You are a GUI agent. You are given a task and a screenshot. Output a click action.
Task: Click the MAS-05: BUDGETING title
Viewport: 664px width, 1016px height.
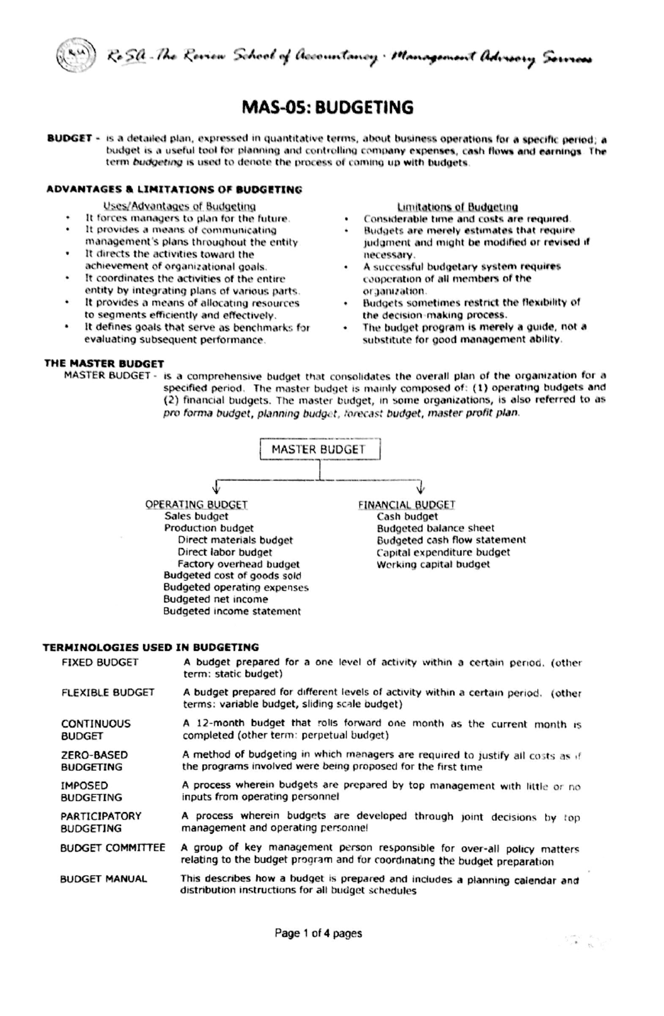(328, 107)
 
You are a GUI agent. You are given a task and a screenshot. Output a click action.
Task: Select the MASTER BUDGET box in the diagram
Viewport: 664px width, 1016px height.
(319, 450)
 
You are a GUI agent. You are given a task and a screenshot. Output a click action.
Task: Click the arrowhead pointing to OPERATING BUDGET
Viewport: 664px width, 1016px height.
(216, 488)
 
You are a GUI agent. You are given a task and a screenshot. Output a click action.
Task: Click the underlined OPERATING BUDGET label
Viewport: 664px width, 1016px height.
(196, 504)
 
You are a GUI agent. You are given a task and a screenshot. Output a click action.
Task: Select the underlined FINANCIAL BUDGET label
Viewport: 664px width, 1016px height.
(406, 504)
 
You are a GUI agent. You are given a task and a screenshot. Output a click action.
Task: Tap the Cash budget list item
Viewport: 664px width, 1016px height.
(407, 517)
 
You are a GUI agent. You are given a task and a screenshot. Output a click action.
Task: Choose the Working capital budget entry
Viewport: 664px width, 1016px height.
(433, 564)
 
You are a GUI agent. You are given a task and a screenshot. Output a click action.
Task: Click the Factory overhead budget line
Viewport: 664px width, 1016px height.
(238, 564)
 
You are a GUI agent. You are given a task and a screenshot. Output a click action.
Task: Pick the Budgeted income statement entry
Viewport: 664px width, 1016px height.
(231, 611)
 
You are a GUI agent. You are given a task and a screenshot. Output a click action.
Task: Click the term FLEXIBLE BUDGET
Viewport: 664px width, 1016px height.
(108, 693)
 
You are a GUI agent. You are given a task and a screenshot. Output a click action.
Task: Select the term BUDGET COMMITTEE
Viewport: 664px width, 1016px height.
(112, 848)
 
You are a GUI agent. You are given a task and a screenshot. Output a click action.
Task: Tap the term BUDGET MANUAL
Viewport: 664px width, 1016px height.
(103, 879)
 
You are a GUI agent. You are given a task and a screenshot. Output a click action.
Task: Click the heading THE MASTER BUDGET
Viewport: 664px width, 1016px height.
(104, 364)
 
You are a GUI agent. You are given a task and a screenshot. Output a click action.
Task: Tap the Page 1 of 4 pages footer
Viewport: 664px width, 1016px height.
(318, 934)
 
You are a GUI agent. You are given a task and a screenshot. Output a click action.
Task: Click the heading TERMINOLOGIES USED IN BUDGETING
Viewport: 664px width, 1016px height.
(151, 647)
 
